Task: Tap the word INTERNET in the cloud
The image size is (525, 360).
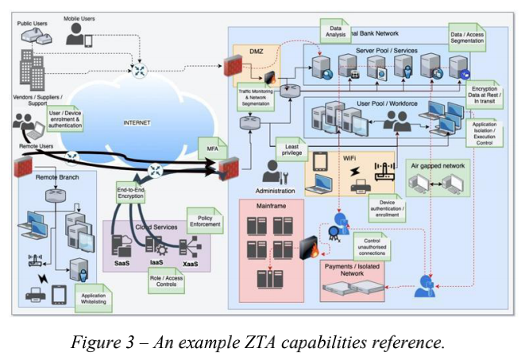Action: coord(136,123)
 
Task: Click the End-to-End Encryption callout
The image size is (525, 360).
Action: coord(133,196)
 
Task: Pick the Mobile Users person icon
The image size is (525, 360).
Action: coord(78,33)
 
